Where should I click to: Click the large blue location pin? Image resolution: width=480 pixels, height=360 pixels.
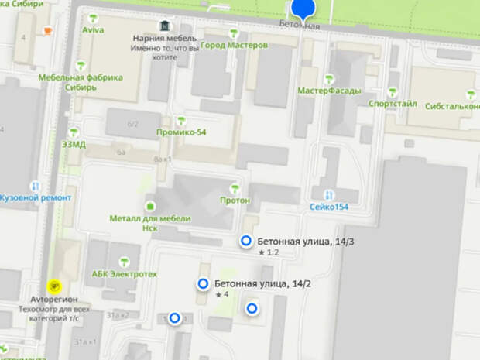pos(303,9)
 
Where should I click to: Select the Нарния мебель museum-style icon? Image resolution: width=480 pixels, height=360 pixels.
pos(164,26)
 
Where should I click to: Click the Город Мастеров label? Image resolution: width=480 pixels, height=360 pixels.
pos(234,46)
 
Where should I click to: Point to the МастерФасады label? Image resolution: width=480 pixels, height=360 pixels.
pos(329,90)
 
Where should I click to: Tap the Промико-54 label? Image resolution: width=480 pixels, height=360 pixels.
pos(180,132)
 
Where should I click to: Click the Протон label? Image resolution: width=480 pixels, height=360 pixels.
pos(235,201)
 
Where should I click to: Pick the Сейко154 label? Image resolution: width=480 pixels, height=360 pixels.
pos(329,207)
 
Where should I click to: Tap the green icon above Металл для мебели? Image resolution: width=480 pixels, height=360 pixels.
pos(149,206)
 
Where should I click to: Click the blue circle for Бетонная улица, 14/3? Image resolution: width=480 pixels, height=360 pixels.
pos(246,242)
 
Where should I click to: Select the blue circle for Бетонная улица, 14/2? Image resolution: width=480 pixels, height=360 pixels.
pos(204,284)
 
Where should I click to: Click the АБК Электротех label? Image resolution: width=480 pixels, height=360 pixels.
pos(125,273)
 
